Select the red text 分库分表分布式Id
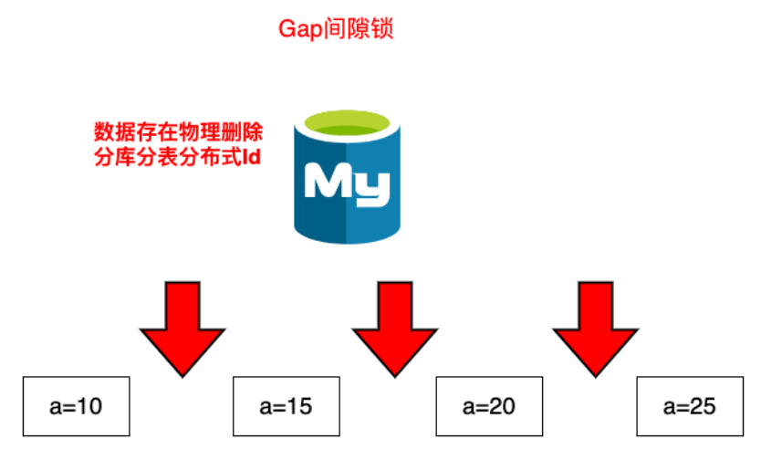[x=179, y=158]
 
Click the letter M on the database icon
[x=327, y=183]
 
